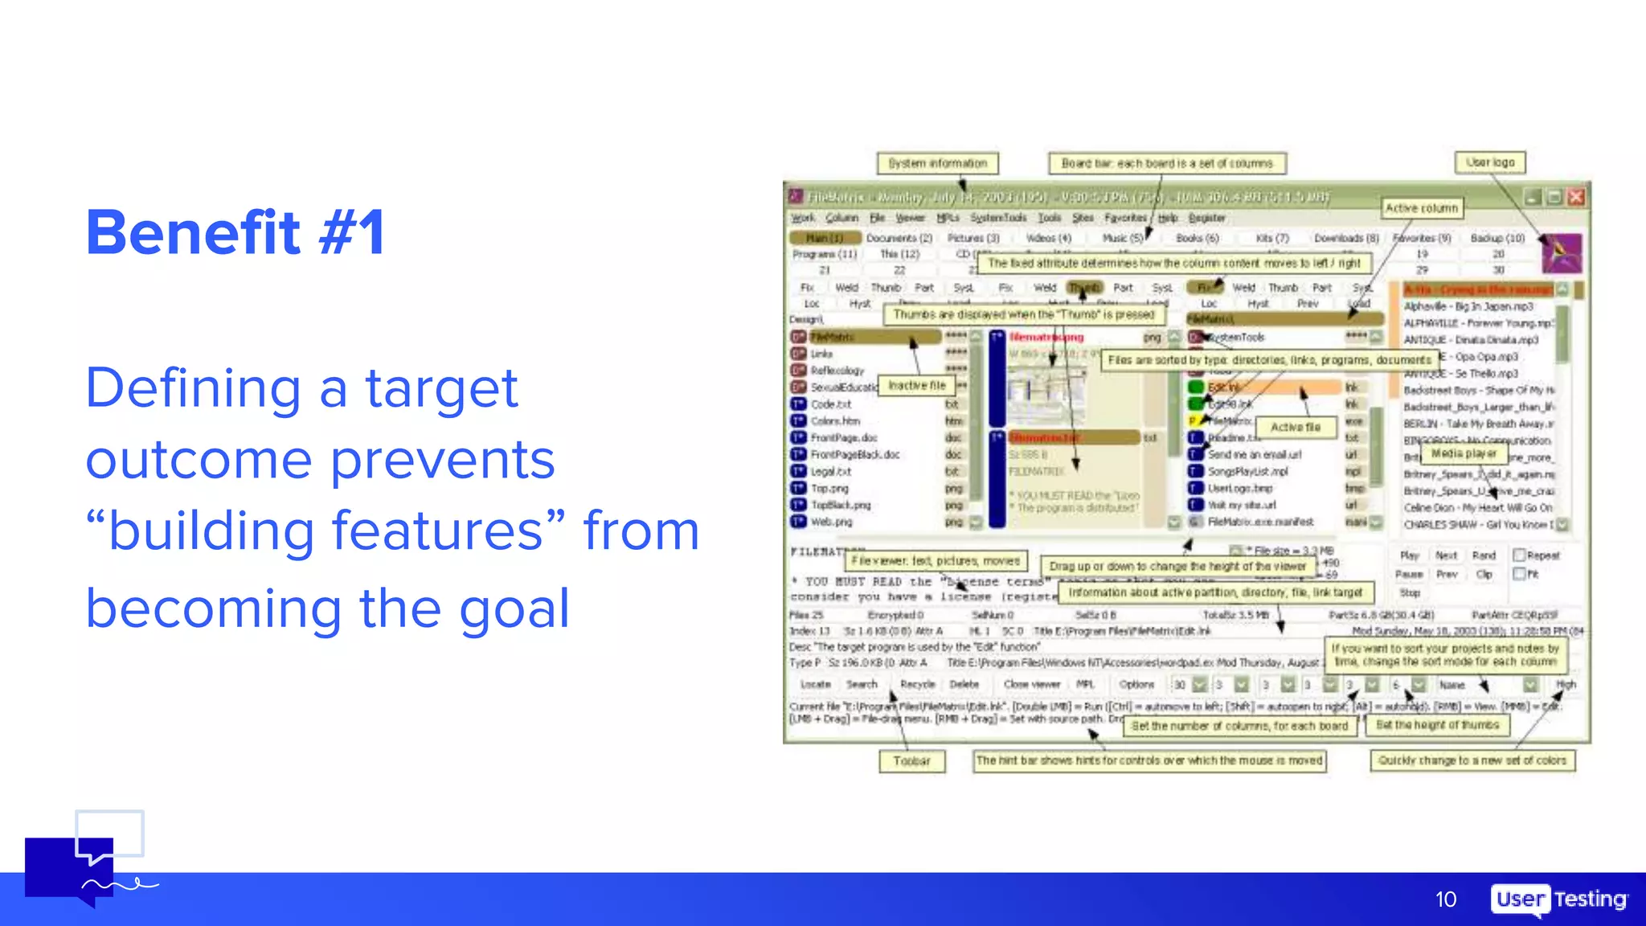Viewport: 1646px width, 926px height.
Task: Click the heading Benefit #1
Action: pos(235,233)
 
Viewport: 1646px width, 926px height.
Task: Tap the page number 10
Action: pos(1445,899)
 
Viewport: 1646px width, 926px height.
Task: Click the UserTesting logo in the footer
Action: pos(1559,899)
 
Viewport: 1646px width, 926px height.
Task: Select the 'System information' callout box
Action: pos(937,163)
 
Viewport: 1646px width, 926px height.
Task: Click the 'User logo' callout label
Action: pos(1490,162)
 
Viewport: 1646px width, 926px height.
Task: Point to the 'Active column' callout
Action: pos(1421,208)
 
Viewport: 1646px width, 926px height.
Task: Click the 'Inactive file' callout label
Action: pos(916,386)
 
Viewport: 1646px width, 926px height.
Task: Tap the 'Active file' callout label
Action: pos(1295,428)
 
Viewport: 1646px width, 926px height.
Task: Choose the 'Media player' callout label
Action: pos(1464,453)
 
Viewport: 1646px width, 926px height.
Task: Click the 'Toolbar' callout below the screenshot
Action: pos(911,760)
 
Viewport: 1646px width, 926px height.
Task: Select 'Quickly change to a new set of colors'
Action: pos(1472,760)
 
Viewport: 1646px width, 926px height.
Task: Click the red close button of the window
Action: pos(1576,197)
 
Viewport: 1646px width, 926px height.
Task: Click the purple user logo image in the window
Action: pos(1562,253)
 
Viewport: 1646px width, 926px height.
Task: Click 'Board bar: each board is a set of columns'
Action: pos(1167,163)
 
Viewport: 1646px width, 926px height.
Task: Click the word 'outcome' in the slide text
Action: pos(199,460)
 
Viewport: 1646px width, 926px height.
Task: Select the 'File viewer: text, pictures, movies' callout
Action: pos(936,560)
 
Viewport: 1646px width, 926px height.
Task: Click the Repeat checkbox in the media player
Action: pos(1519,555)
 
